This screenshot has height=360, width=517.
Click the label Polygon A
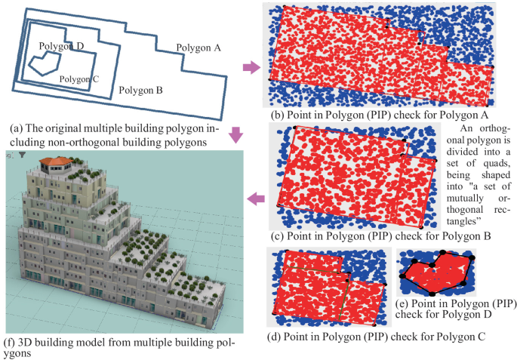(198, 48)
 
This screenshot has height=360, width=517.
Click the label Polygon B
(141, 91)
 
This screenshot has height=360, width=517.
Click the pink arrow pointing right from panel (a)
(251, 70)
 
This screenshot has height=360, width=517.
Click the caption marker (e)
(403, 303)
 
